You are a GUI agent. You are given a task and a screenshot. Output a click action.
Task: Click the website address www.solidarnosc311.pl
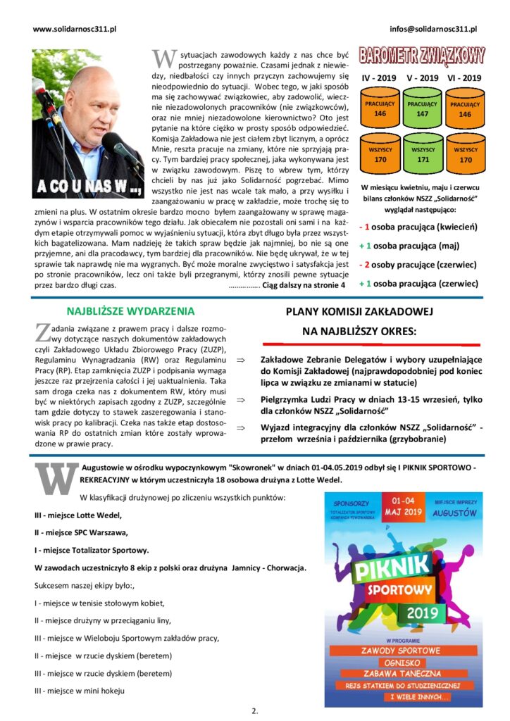click(75, 29)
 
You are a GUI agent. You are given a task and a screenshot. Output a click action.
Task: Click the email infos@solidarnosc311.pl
click(433, 29)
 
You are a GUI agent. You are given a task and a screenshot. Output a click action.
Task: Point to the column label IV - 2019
click(379, 78)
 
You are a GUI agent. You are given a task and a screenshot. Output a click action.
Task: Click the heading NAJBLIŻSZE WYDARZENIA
click(130, 311)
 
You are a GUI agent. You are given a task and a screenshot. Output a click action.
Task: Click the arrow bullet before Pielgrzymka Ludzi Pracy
click(240, 400)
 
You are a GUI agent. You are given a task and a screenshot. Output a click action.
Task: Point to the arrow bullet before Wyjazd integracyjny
click(240, 427)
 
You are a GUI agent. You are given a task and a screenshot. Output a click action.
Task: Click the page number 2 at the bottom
click(254, 710)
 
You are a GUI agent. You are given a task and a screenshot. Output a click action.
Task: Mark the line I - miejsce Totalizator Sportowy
click(92, 549)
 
